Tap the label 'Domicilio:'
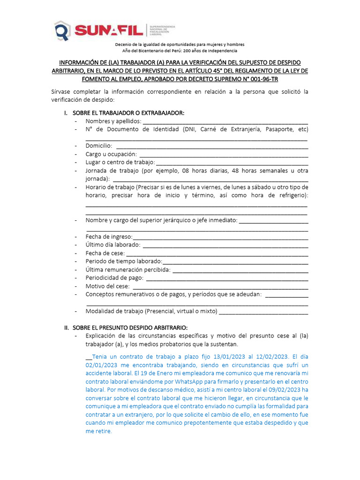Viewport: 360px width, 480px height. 98,146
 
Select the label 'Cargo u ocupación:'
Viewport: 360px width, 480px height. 111,154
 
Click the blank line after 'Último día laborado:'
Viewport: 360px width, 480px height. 225,245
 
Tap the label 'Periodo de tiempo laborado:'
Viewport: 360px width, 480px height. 124,261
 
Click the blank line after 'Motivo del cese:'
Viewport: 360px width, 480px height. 221,286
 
